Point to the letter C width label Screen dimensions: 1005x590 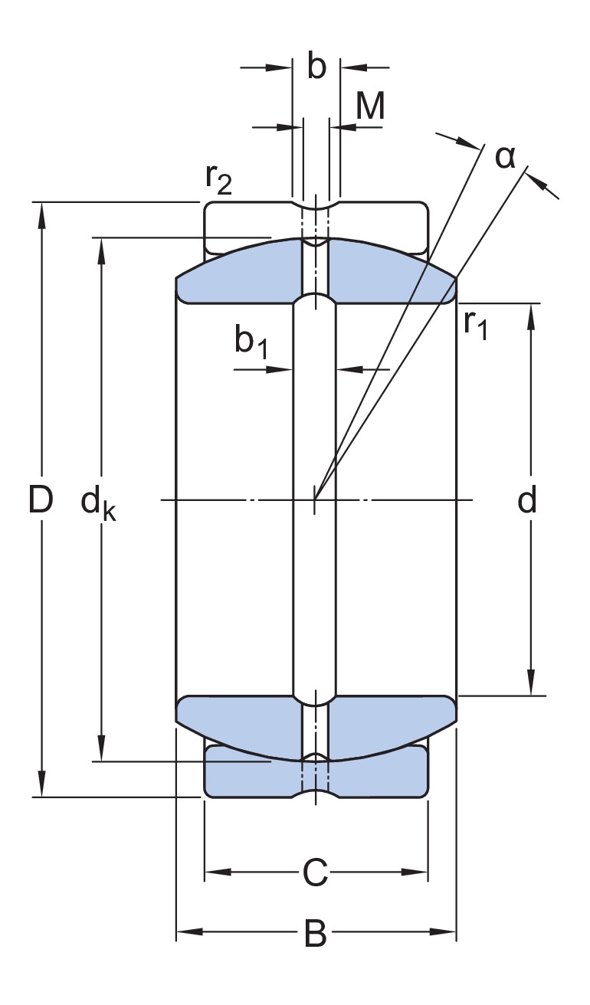point(315,872)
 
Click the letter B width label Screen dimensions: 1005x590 point(315,934)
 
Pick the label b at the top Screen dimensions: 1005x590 point(316,67)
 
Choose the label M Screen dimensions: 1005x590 point(370,107)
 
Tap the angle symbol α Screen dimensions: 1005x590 point(505,156)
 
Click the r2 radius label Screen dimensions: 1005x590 point(218,180)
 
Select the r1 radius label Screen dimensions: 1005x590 point(475,325)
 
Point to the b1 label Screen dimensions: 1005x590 point(251,342)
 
